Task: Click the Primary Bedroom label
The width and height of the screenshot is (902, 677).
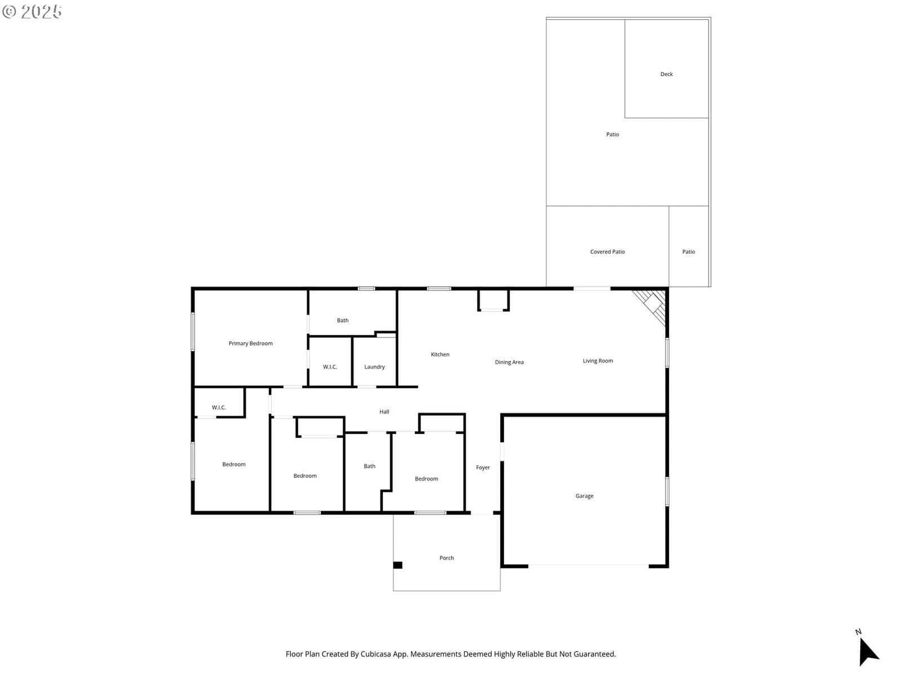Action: point(250,343)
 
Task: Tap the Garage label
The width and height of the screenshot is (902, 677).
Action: point(584,496)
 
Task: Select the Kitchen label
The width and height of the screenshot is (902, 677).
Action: point(440,354)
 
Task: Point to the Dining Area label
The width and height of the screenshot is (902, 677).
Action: point(509,362)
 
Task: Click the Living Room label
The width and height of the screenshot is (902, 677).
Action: point(598,361)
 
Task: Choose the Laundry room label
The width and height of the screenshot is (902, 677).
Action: point(374,367)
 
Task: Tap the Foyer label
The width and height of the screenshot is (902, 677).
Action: point(483,467)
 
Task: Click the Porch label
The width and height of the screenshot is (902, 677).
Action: point(446,558)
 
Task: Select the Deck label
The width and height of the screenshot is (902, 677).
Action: point(666,74)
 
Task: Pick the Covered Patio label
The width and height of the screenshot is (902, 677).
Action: point(607,252)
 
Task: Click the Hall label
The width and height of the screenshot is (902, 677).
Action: point(384,411)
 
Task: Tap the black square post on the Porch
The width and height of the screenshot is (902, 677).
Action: point(397,565)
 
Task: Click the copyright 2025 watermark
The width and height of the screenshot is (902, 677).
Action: point(32,11)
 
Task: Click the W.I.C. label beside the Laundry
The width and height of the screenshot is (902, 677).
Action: point(330,367)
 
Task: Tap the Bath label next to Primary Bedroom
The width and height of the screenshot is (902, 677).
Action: point(342,320)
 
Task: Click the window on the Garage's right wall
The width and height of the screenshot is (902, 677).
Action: point(666,491)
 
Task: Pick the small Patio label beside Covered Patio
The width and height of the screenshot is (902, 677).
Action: point(688,252)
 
